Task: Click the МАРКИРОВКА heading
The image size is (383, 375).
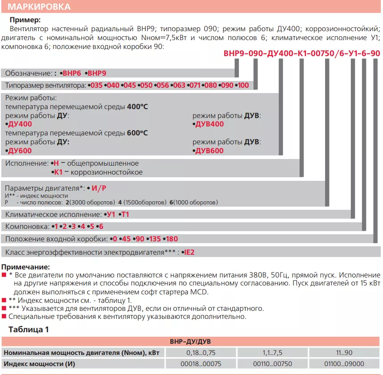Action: [x=39, y=7]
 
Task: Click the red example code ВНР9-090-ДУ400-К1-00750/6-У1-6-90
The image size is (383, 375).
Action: [x=302, y=53]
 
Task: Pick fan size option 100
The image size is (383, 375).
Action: [x=243, y=85]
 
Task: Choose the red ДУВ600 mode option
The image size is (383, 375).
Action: [x=210, y=151]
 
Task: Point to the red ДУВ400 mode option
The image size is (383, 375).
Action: [x=210, y=124]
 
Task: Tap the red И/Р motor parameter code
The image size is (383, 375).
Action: [x=98, y=188]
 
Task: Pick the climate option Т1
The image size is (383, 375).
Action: [x=125, y=214]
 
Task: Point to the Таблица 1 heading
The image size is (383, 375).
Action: [x=29, y=330]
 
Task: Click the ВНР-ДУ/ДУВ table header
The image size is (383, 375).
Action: [x=191, y=342]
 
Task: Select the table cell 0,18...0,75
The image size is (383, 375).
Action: [x=201, y=353]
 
